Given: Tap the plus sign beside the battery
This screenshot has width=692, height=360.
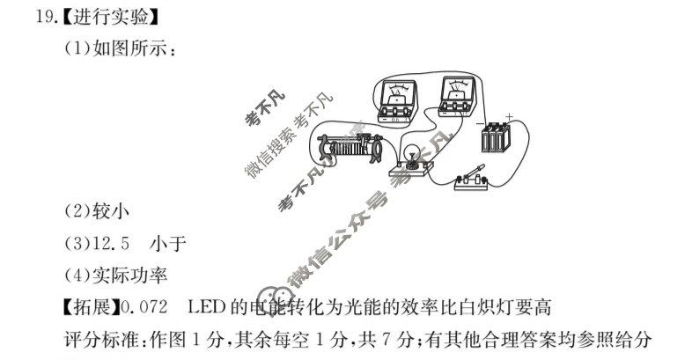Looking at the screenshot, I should [x=509, y=114].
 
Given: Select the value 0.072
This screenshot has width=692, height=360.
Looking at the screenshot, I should [x=147, y=307].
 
